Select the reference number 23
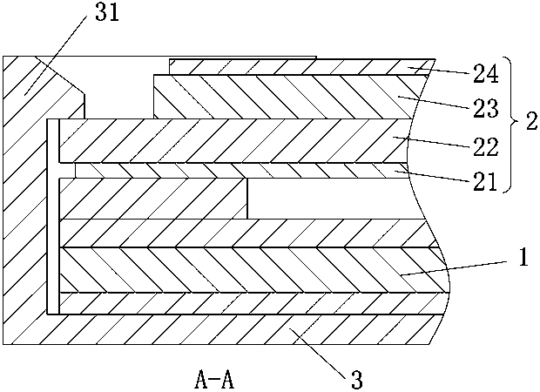tap(486, 110)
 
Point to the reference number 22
tap(486, 145)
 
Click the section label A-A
tap(213, 380)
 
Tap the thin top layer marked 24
tap(287, 67)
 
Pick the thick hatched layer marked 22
tap(226, 139)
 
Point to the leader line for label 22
tap(435, 141)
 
